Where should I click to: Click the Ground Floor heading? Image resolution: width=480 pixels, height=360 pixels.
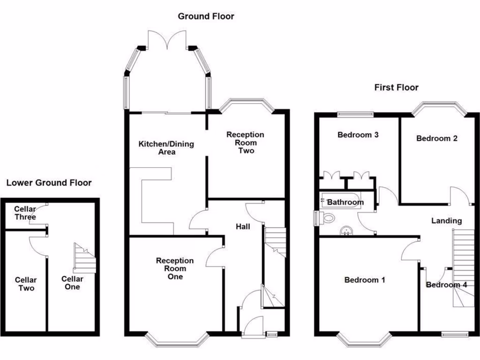point(206,16)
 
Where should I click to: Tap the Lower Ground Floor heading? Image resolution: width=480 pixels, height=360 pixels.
point(49,183)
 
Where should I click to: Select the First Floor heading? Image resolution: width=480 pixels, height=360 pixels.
point(396,88)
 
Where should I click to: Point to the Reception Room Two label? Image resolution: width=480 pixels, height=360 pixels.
point(245,142)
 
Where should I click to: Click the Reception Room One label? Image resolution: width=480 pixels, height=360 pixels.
point(175,269)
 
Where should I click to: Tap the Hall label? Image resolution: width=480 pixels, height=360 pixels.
point(243,227)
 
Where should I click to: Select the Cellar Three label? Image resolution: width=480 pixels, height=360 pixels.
point(25,213)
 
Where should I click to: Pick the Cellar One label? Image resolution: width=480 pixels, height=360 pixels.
point(72,283)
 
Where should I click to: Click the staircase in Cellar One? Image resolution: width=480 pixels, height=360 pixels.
point(84,259)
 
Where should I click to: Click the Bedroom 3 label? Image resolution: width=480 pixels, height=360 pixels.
point(358,135)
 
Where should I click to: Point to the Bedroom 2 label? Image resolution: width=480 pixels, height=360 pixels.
point(437,138)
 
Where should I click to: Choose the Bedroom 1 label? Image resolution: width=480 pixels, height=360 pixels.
point(365,280)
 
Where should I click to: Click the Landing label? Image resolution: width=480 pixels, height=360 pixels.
point(446,221)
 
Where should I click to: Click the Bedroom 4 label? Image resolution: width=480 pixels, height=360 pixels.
point(446,285)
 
